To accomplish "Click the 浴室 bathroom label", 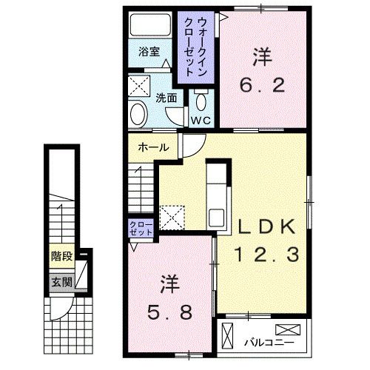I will (x=149, y=52).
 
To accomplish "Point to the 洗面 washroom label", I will (x=166, y=97).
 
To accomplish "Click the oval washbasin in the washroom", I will (x=137, y=113).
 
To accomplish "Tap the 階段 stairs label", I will (x=62, y=258).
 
